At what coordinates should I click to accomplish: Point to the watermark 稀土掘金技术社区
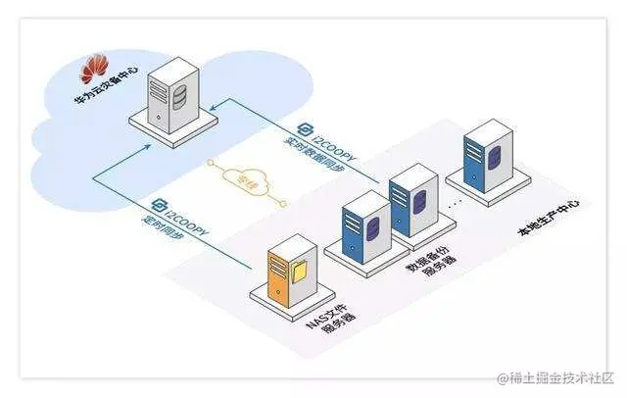click(555, 378)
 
